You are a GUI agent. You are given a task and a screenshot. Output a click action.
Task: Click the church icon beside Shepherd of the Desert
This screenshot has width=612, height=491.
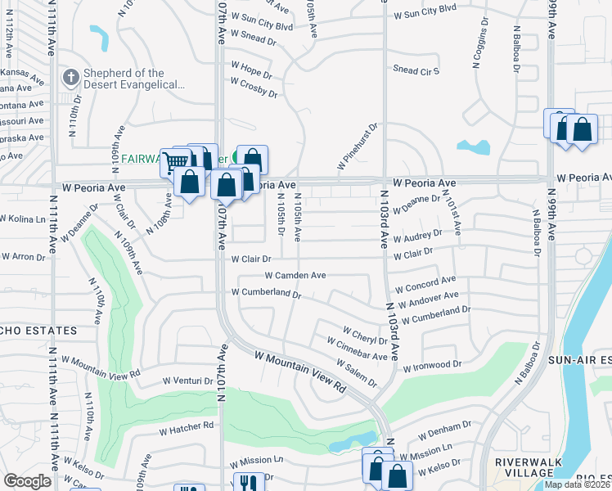click(70, 79)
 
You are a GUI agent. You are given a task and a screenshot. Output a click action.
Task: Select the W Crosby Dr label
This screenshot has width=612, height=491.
click(254, 88)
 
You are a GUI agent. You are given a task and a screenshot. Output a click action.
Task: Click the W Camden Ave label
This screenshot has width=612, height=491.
click(295, 276)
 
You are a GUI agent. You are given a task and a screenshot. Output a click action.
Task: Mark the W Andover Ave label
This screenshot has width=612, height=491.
click(428, 300)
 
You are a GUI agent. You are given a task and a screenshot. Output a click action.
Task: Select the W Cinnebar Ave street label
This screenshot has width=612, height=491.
click(358, 351)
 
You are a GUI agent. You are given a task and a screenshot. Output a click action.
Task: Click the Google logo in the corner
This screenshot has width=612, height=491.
click(28, 481)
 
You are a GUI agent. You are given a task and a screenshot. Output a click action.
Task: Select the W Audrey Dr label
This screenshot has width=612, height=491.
click(418, 238)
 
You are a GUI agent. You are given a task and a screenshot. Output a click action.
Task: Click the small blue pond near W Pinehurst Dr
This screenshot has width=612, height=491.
click(474, 147)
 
